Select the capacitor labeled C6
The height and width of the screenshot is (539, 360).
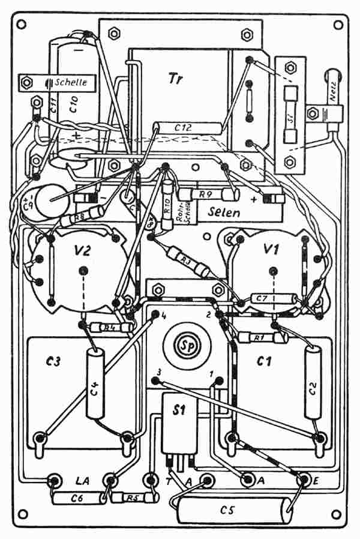point(77,498)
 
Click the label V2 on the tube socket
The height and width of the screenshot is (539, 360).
point(82,249)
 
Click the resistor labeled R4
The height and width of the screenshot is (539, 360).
point(108,328)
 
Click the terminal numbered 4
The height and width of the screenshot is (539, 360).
point(155,314)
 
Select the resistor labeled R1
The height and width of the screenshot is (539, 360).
point(259,338)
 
